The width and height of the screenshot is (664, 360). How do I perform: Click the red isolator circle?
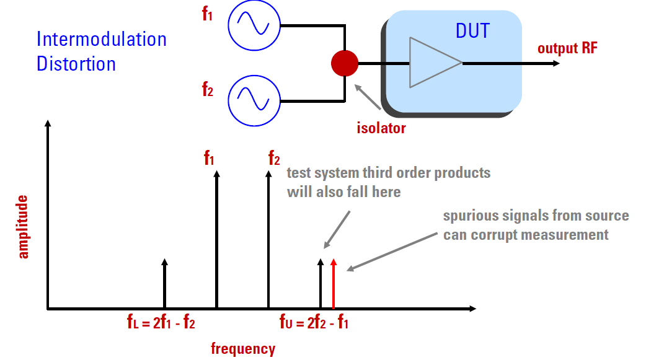point(345,63)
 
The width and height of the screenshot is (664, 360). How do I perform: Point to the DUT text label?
point(472,31)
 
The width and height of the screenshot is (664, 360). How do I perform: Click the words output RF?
point(567,48)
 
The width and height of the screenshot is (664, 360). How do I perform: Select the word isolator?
point(381,128)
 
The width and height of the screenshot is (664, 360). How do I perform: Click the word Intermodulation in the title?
point(102,39)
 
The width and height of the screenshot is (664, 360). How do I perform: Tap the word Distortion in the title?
point(76,64)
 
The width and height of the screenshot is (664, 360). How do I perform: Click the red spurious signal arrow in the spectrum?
point(334,284)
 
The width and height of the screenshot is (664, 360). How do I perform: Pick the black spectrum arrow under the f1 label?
point(217,239)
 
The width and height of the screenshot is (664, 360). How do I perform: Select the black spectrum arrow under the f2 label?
point(268,239)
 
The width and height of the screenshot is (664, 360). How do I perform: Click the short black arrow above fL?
point(165,284)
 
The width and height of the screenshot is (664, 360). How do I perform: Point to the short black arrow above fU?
point(321,284)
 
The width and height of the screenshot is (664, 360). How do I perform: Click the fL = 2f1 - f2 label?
point(161,322)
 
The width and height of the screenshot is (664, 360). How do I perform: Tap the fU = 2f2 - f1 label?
point(314,322)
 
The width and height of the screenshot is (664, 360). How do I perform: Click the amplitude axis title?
point(22,227)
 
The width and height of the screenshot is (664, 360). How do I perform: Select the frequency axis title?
point(243,349)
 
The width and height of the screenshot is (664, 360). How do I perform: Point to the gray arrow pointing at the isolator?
point(368,97)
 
